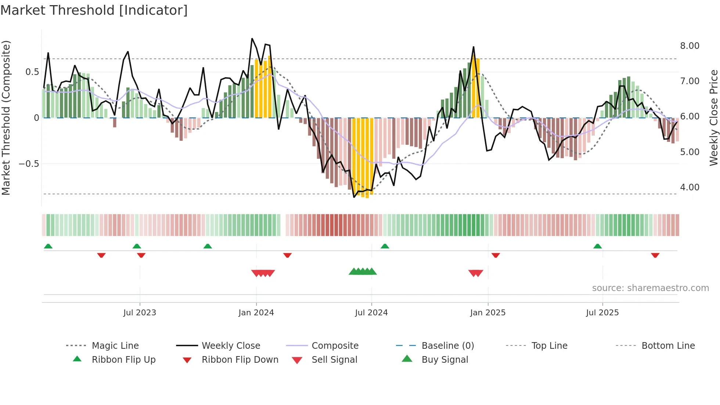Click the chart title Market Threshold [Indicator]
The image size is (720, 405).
tap(94, 10)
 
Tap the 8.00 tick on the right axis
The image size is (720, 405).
tap(690, 46)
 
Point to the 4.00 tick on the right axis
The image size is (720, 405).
tap(690, 187)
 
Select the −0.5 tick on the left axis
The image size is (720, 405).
tap(29, 164)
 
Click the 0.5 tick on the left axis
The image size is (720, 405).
tap(32, 72)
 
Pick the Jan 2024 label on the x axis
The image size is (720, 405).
tap(256, 313)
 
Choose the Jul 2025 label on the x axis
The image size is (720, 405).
tap(602, 313)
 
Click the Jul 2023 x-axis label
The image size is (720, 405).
tap(140, 313)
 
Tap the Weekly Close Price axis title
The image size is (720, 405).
tap(713, 118)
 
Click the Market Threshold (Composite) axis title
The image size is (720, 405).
tap(6, 118)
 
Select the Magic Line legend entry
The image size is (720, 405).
tap(115, 346)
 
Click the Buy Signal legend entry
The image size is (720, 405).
tap(444, 360)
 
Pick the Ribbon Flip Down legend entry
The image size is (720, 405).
tap(240, 360)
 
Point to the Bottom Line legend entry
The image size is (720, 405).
tap(668, 346)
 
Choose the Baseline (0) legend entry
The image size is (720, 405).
tap(447, 346)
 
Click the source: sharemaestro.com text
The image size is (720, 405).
tap(650, 288)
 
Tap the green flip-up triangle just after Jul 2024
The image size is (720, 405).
tap(385, 246)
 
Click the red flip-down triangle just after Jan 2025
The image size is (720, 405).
tap(496, 255)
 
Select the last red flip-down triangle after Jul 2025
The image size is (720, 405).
tap(655, 255)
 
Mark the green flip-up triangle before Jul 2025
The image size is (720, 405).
tap(597, 246)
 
